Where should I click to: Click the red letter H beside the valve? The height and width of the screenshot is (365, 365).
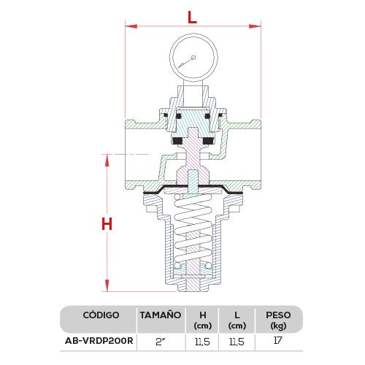(107, 224)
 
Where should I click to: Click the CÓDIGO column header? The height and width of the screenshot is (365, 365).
(97, 315)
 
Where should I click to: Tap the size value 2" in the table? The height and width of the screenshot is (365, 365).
(160, 340)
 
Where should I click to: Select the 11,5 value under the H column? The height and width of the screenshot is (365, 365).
(203, 340)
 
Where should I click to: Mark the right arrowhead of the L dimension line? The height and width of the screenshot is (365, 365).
(257, 27)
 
